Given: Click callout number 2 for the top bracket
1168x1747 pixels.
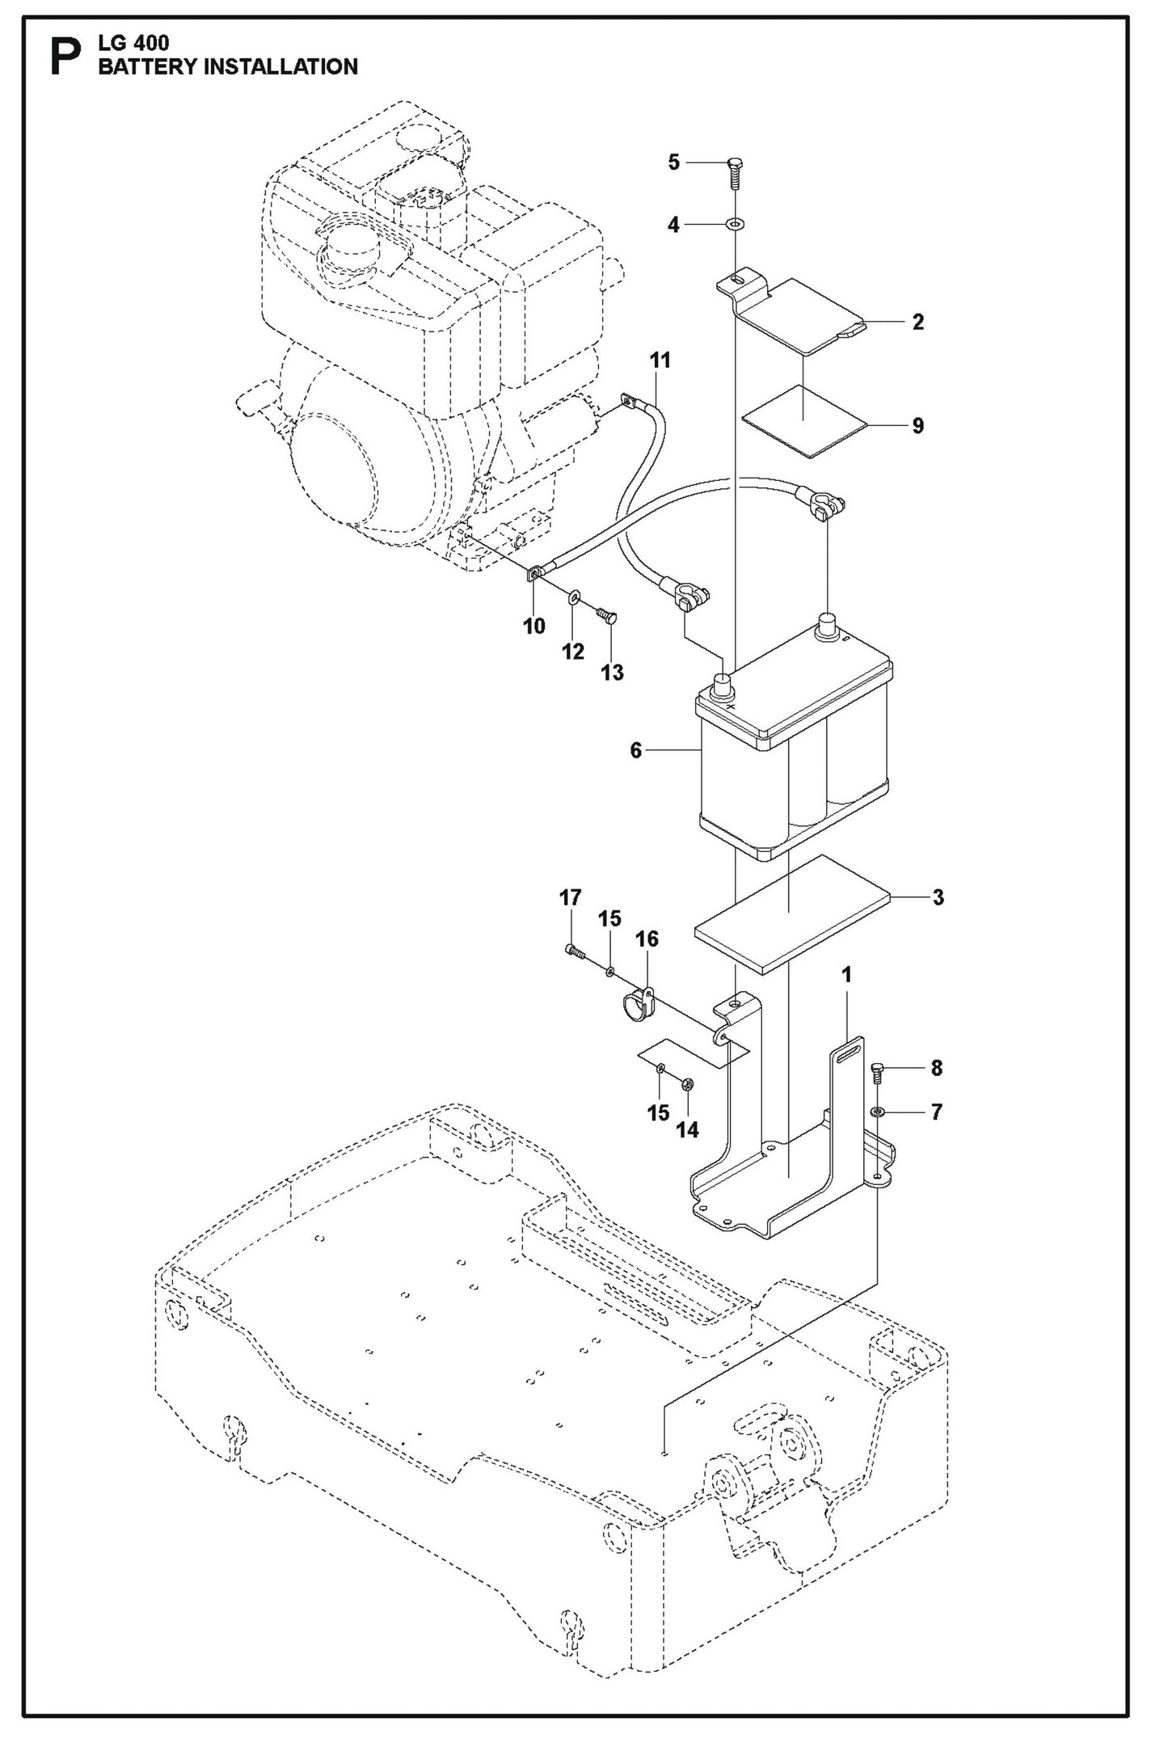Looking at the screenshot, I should point(917,322).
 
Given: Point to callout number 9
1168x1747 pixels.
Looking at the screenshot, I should point(917,426).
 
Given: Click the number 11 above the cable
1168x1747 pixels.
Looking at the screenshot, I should point(660,361).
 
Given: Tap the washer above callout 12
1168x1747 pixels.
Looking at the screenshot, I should point(573,598).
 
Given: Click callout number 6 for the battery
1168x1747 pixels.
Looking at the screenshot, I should point(636,751).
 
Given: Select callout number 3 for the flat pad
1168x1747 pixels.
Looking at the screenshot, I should point(937,897).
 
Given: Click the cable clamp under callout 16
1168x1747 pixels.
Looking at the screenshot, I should point(635,1003).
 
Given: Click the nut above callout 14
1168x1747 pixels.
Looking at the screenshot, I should point(687,1083).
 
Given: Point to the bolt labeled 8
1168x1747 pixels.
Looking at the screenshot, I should point(879,1072).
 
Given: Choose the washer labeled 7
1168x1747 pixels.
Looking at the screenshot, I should point(879,1113).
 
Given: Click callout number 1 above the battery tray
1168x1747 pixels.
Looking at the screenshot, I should point(846,976).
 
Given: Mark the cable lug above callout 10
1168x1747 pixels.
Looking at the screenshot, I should point(534,575).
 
